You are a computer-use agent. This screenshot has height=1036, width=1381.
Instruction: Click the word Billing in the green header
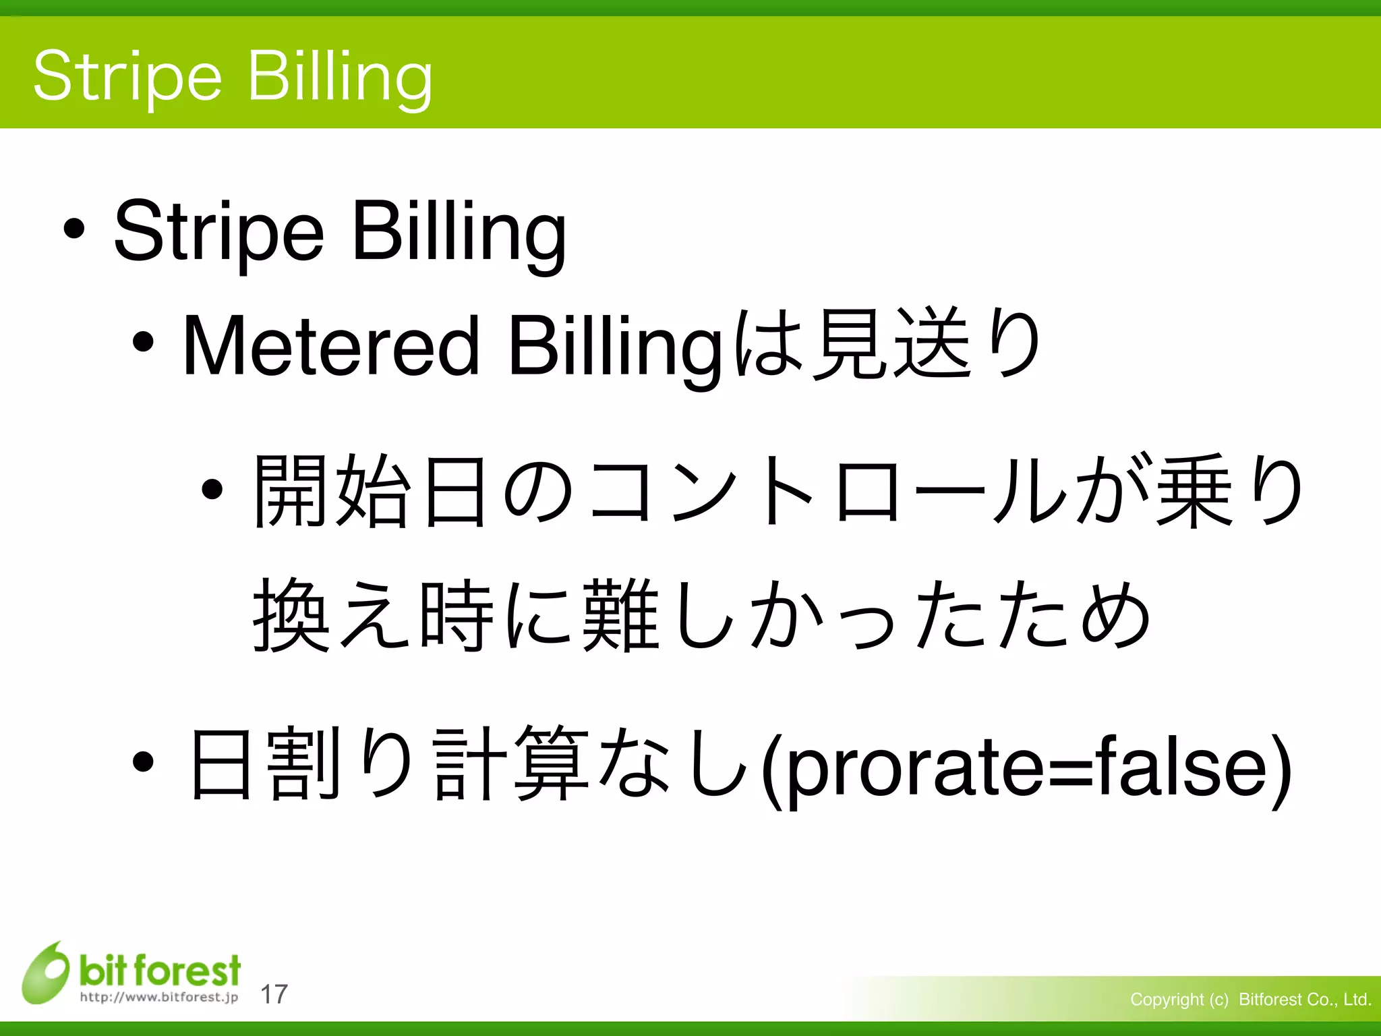click(x=340, y=78)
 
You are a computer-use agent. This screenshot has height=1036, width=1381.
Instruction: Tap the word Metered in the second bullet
click(x=330, y=346)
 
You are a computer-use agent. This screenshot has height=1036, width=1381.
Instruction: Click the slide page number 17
click(x=274, y=994)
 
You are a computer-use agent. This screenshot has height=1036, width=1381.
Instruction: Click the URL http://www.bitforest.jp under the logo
click(x=159, y=997)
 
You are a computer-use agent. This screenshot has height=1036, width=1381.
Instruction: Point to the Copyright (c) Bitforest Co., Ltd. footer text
click(x=1250, y=1000)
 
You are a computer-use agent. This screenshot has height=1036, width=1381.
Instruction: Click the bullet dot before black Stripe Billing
click(x=74, y=230)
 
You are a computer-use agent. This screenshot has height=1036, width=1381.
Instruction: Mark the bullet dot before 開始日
click(x=212, y=489)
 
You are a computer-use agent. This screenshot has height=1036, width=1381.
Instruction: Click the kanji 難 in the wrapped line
click(x=620, y=615)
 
